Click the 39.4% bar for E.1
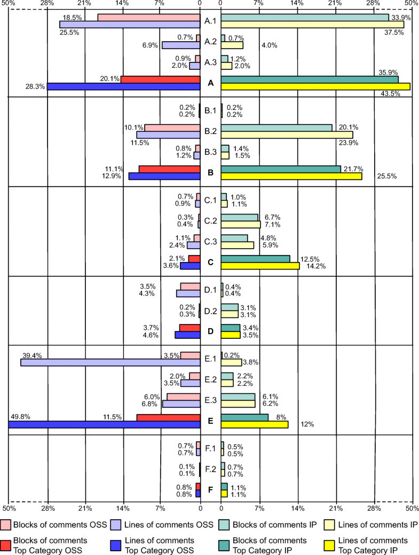click(x=110, y=362)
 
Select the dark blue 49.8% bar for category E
click(x=104, y=425)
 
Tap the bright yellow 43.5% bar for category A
click(x=315, y=86)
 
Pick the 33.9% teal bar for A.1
click(x=304, y=18)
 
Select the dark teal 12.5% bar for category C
click(x=255, y=259)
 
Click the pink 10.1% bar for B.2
click(x=172, y=128)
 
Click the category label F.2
click(x=210, y=470)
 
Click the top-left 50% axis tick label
click(x=8, y=3)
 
